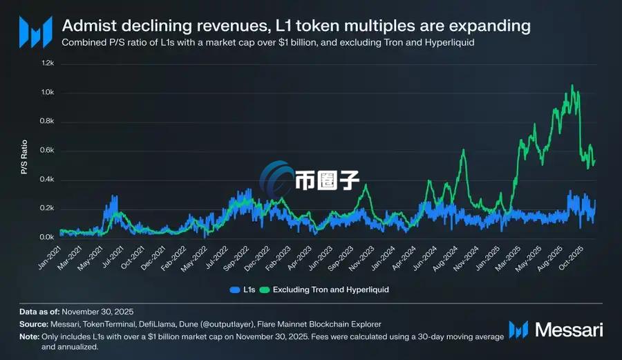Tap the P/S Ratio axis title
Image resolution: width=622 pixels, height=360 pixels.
(x=24, y=158)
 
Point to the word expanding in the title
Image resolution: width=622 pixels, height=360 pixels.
(x=490, y=26)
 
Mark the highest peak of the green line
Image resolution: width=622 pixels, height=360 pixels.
(x=572, y=85)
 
